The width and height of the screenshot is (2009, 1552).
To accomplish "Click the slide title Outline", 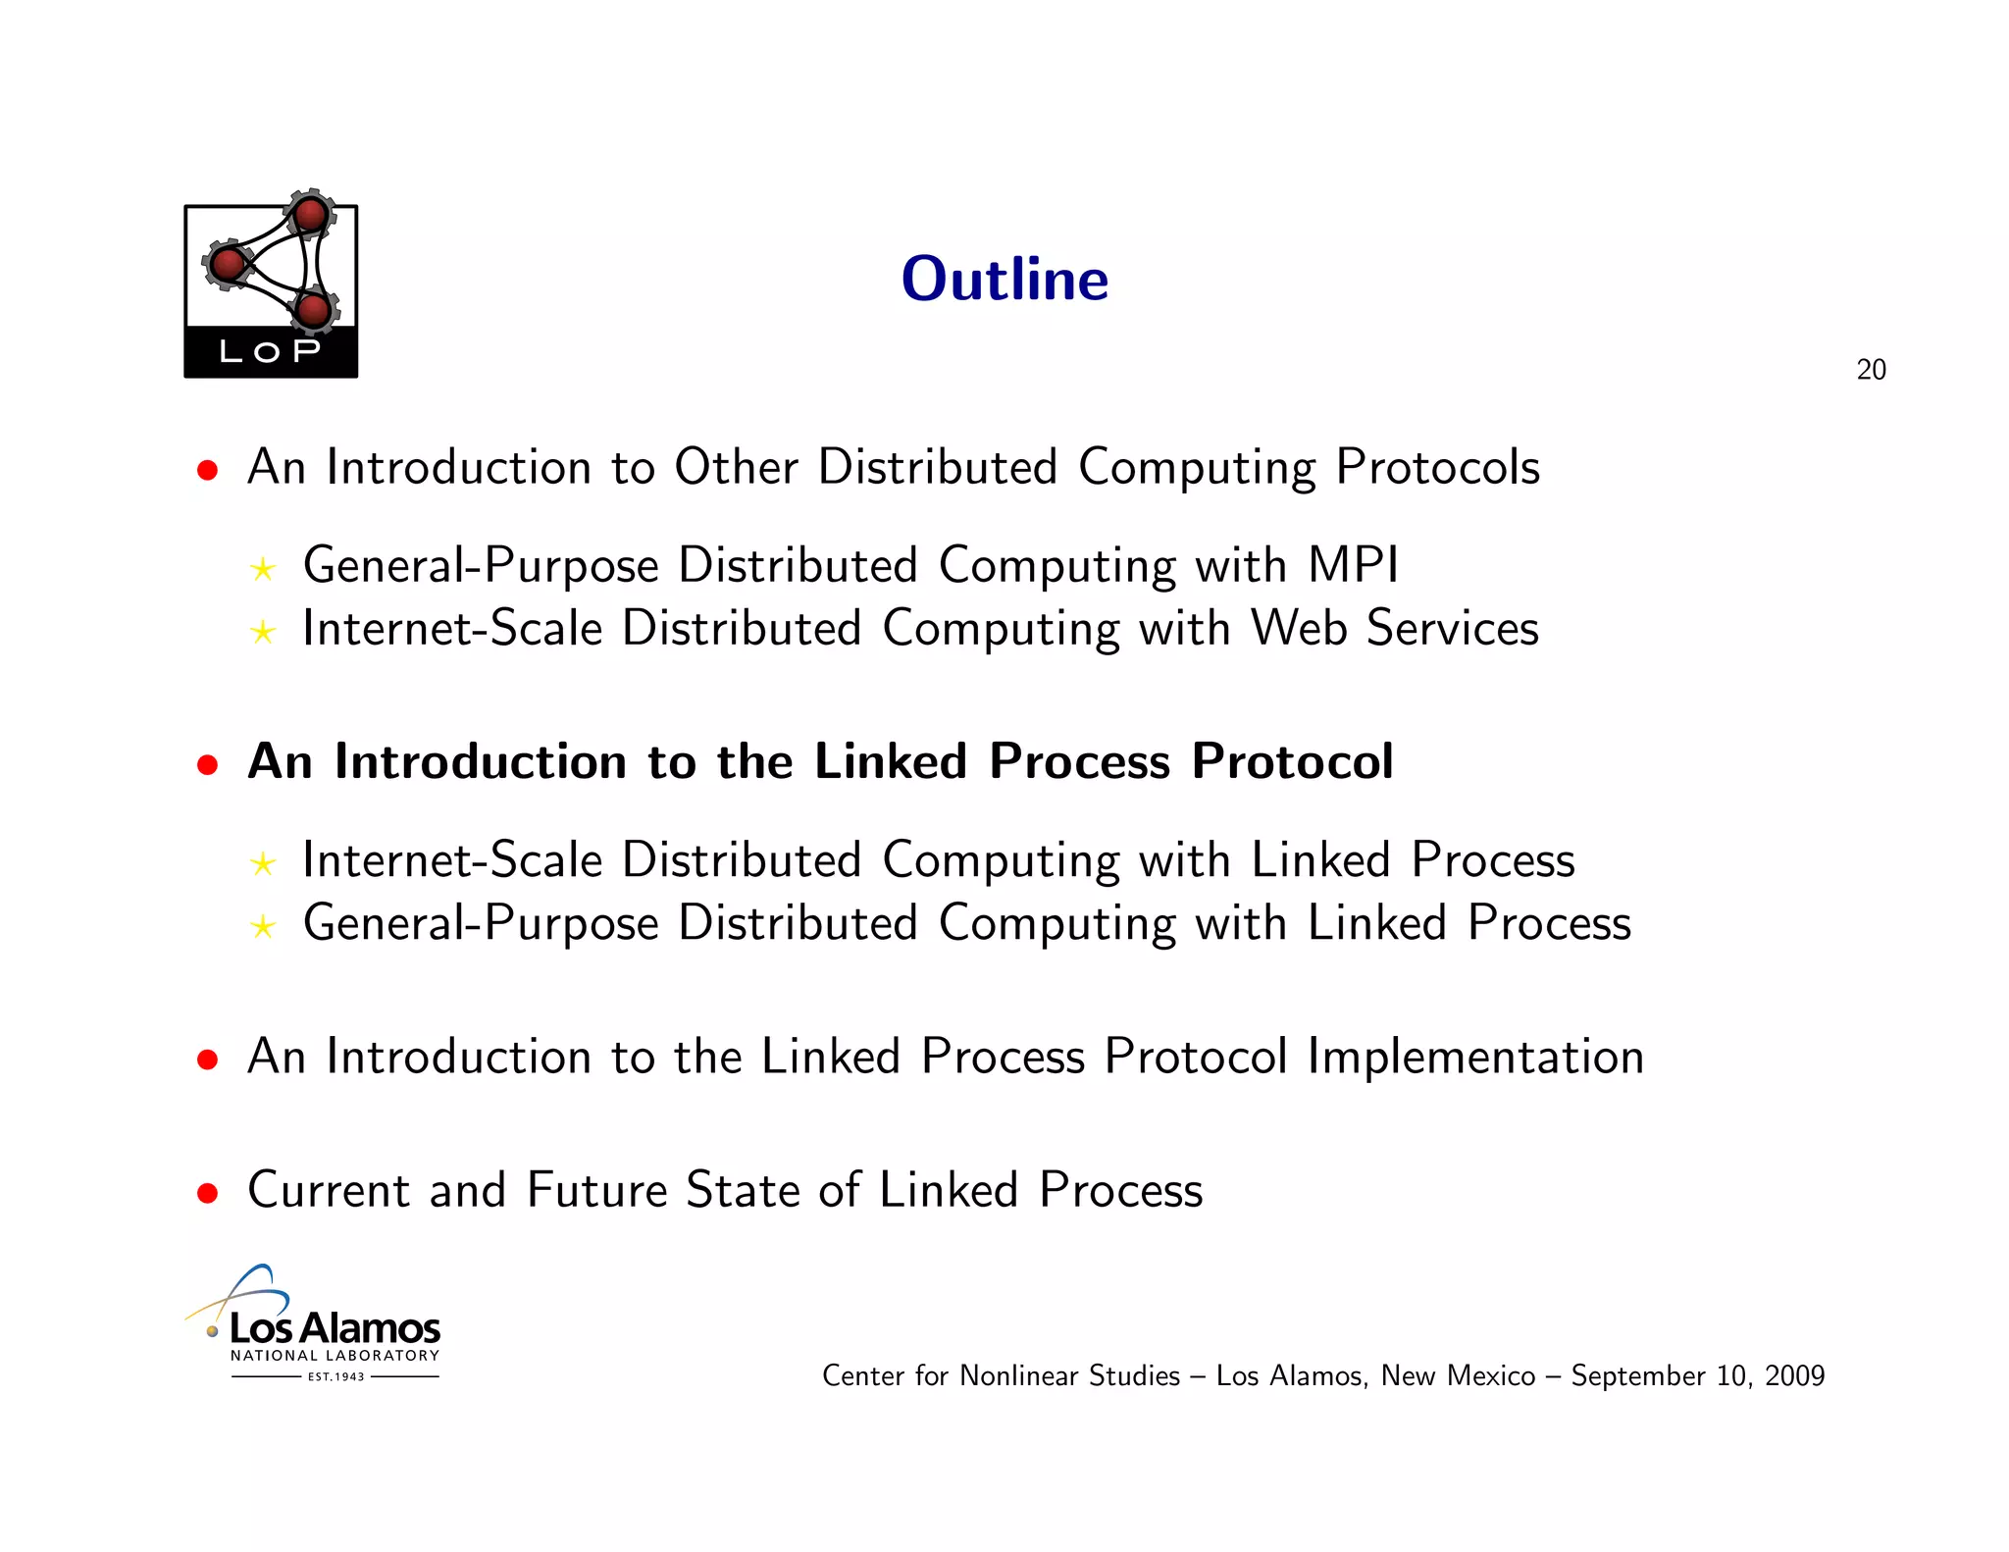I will click(x=1004, y=279).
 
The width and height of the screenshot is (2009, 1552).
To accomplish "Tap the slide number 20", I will click(x=1871, y=370).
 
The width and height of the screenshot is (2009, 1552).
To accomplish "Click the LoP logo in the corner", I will click(x=271, y=290).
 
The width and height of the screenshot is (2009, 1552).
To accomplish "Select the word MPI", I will click(x=1354, y=565).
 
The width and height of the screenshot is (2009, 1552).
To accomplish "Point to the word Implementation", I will click(x=1474, y=1057).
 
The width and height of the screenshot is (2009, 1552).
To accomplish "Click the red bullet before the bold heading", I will click(x=207, y=764).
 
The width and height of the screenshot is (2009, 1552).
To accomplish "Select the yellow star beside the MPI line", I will click(x=262, y=569).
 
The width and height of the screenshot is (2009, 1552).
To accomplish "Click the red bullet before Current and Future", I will click(x=207, y=1193).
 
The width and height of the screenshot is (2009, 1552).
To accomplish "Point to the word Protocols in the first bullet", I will click(x=1437, y=467).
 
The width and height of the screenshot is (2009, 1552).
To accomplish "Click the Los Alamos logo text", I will click(x=335, y=1328).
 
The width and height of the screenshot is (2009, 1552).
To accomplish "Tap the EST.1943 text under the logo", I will click(x=335, y=1376).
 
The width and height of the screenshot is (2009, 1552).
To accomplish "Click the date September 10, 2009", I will click(x=1697, y=1375).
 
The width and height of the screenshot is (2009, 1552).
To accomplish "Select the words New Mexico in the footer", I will click(x=1458, y=1375).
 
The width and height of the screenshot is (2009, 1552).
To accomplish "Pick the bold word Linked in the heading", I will click(x=891, y=761).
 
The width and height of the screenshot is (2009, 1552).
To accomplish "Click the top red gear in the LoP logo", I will click(x=311, y=214).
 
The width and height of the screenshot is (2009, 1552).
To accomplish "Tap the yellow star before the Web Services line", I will click(x=262, y=632).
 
